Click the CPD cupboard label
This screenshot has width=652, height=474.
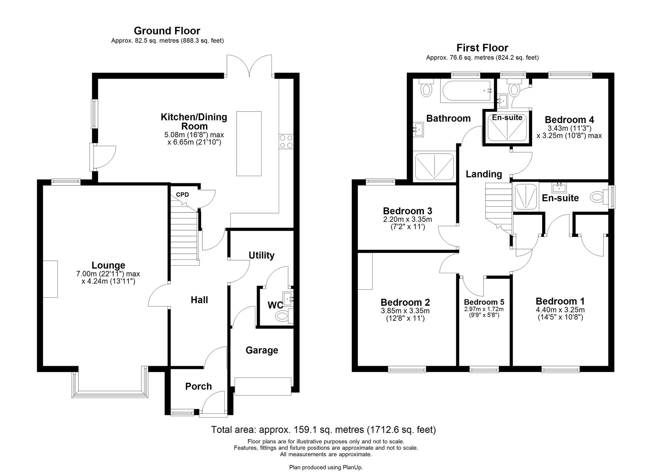tap(182, 195)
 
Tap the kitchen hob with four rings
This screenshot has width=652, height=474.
tap(286, 142)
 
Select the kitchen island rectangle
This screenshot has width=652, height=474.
tap(249, 143)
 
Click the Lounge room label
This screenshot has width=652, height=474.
tap(108, 265)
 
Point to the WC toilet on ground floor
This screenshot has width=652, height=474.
tap(282, 316)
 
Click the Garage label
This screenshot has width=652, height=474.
tap(262, 350)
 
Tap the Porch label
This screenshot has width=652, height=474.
tap(198, 386)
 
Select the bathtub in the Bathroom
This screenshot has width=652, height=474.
tap(466, 91)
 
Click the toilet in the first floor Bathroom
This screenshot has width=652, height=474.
tap(426, 89)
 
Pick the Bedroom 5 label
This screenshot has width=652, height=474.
tap(484, 302)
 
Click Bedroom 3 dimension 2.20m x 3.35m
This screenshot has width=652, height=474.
tap(407, 219)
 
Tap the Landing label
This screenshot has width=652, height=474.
tap(483, 174)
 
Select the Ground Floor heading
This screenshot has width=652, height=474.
tap(167, 31)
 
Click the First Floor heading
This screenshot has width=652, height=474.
tap(482, 48)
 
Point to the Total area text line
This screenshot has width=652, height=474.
tap(323, 430)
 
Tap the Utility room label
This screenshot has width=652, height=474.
tap(261, 255)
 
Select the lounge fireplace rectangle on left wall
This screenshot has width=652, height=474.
tap(50, 279)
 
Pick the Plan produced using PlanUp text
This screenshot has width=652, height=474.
tap(326, 467)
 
